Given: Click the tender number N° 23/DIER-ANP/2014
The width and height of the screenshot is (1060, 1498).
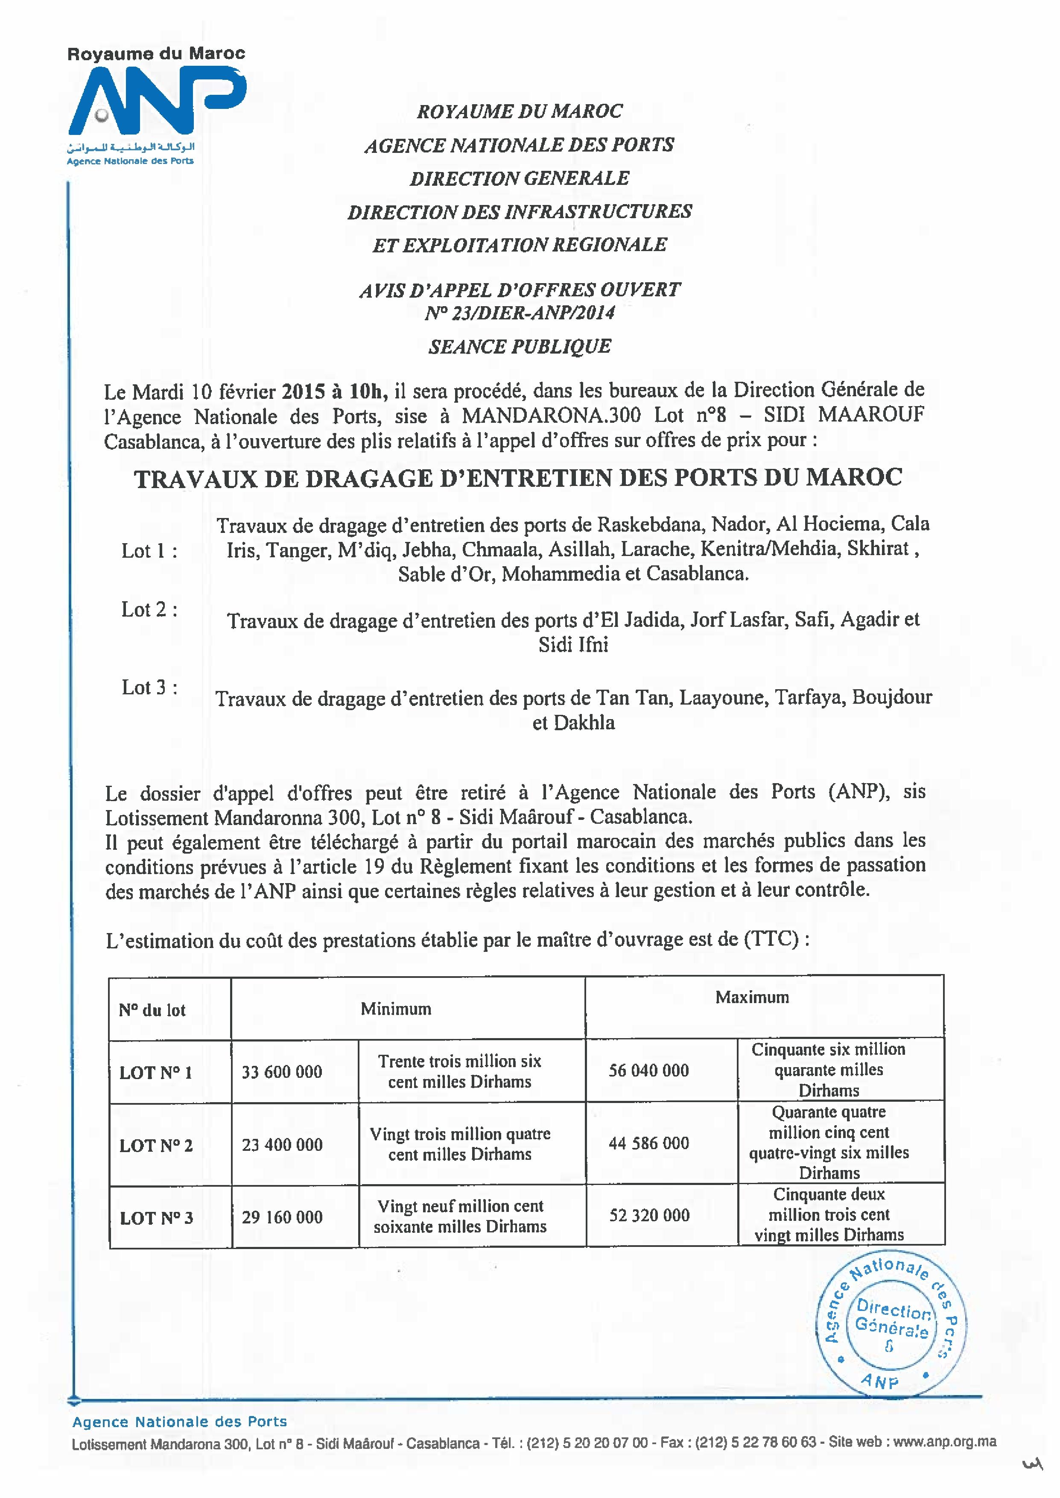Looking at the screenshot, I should [x=520, y=313].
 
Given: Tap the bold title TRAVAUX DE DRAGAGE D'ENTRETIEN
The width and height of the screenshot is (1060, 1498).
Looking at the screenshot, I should [x=518, y=478].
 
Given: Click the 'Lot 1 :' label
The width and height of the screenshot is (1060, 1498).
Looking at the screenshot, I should [x=149, y=551].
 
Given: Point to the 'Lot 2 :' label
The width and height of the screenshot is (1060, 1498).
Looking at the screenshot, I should [x=149, y=610].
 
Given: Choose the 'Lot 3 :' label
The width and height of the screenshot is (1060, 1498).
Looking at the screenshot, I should [x=149, y=688].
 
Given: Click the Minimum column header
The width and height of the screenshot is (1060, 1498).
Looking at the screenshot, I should [x=396, y=1009].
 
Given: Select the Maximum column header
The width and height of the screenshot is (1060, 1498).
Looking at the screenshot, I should [x=752, y=998].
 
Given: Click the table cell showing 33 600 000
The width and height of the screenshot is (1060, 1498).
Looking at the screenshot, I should [x=282, y=1072].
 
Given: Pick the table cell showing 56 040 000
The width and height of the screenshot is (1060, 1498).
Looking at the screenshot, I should [x=649, y=1071].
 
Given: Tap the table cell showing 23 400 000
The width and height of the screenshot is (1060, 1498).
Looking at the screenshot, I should [x=282, y=1144].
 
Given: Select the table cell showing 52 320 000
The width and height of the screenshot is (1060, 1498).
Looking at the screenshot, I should [x=649, y=1215].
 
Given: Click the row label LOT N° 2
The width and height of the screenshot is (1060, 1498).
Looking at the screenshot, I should [x=156, y=1146].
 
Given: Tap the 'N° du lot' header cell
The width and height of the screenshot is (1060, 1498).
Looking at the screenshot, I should [x=152, y=1010].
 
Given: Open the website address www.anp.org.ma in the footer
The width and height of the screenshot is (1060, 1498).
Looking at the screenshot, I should [x=944, y=1442].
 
